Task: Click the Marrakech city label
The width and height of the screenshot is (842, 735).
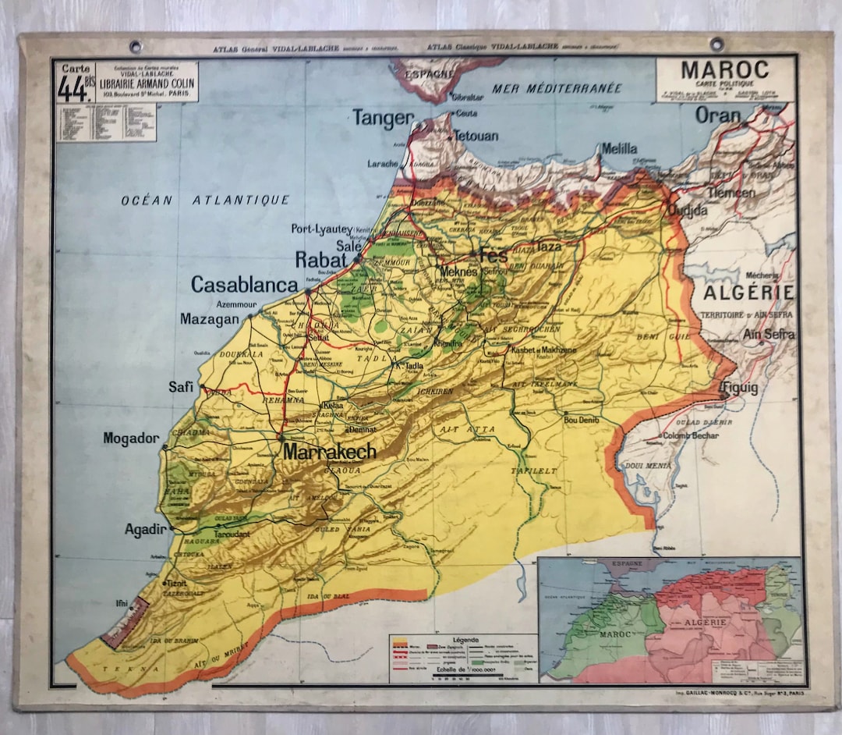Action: (329, 451)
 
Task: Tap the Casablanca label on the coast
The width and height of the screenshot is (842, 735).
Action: (244, 285)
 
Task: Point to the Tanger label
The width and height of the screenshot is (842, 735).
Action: (383, 118)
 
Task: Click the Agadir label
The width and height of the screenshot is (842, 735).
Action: (146, 530)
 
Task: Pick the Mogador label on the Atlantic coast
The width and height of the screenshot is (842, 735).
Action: (131, 439)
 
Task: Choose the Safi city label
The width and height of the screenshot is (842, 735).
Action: (181, 387)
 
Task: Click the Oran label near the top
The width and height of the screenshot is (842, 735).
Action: (718, 115)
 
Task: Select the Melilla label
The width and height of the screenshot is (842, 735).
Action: (619, 148)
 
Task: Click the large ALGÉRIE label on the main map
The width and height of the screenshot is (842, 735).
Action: (748, 293)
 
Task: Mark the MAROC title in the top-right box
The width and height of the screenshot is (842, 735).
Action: (724, 70)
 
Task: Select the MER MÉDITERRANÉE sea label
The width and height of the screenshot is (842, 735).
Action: (557, 88)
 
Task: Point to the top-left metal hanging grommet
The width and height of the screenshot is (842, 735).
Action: (136, 46)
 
